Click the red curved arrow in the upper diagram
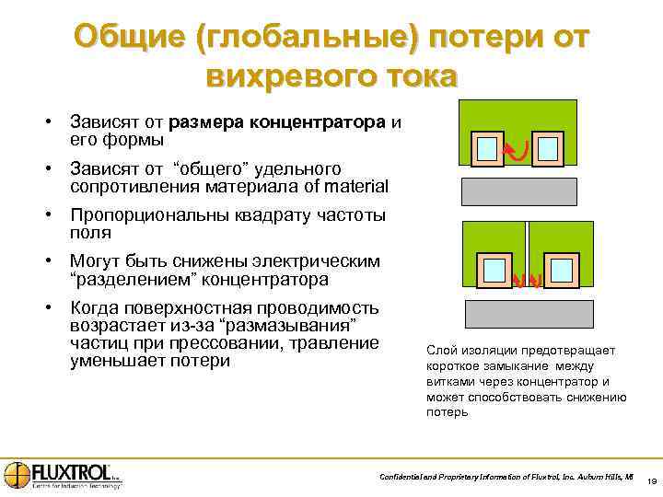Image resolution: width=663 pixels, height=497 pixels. (x=518, y=148)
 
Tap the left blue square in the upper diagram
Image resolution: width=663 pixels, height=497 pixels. (x=488, y=148)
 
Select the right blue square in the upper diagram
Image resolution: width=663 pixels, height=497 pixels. (x=549, y=148)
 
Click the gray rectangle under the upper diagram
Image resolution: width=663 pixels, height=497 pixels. (x=518, y=191)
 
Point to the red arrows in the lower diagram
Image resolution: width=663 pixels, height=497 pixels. (x=527, y=283)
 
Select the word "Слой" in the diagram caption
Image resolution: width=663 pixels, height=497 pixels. (x=440, y=351)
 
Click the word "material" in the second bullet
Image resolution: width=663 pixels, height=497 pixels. (x=355, y=186)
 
